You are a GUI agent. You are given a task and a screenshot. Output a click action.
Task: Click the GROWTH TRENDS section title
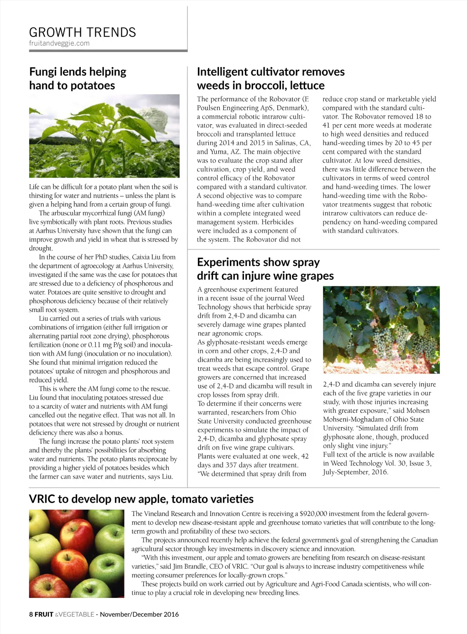(83, 32)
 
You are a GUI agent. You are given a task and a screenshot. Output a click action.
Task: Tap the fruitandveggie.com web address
(59, 43)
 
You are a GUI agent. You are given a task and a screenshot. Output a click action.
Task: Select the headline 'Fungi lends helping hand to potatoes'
(78, 78)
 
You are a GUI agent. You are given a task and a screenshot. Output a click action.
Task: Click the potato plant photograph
(104, 136)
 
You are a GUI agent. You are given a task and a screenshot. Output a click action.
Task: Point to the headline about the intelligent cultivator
(270, 78)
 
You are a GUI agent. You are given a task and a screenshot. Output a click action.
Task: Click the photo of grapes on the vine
(381, 330)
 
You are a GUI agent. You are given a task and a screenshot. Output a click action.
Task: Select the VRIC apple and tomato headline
(141, 499)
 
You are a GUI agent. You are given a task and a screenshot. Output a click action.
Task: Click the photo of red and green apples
(77, 554)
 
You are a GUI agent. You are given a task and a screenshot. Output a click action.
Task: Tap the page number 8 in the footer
(31, 614)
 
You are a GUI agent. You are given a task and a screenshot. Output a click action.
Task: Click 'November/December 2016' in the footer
(139, 614)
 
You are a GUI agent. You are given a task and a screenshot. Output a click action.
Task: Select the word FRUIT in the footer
(44, 614)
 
